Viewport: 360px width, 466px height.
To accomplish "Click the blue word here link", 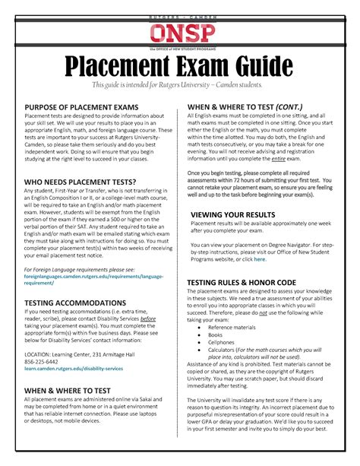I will coord(261,259).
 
